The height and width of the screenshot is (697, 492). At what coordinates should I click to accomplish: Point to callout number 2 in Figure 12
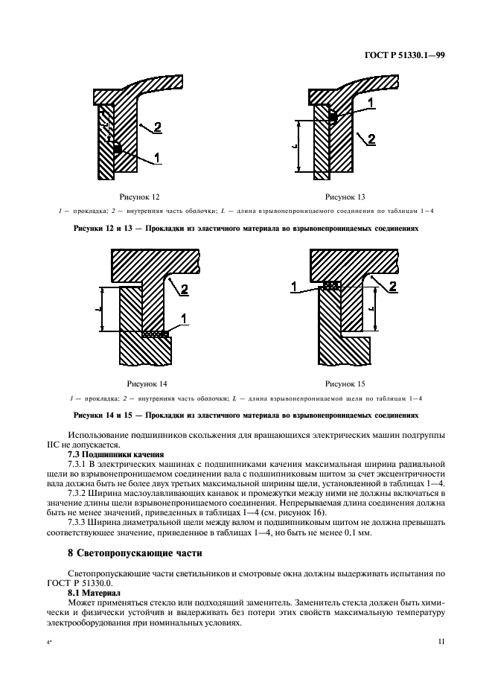tap(158, 125)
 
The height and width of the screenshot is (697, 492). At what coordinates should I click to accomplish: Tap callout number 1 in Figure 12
tap(157, 156)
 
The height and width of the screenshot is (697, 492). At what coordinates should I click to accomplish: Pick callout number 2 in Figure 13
tap(371, 139)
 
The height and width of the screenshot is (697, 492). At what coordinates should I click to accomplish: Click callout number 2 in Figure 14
tap(185, 288)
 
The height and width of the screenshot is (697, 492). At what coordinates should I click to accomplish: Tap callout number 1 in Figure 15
tap(294, 286)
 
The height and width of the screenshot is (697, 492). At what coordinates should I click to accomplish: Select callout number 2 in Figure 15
tap(393, 285)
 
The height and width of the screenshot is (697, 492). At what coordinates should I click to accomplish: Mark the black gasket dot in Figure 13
tap(333, 117)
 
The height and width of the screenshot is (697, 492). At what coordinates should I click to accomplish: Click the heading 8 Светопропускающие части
tap(134, 553)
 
